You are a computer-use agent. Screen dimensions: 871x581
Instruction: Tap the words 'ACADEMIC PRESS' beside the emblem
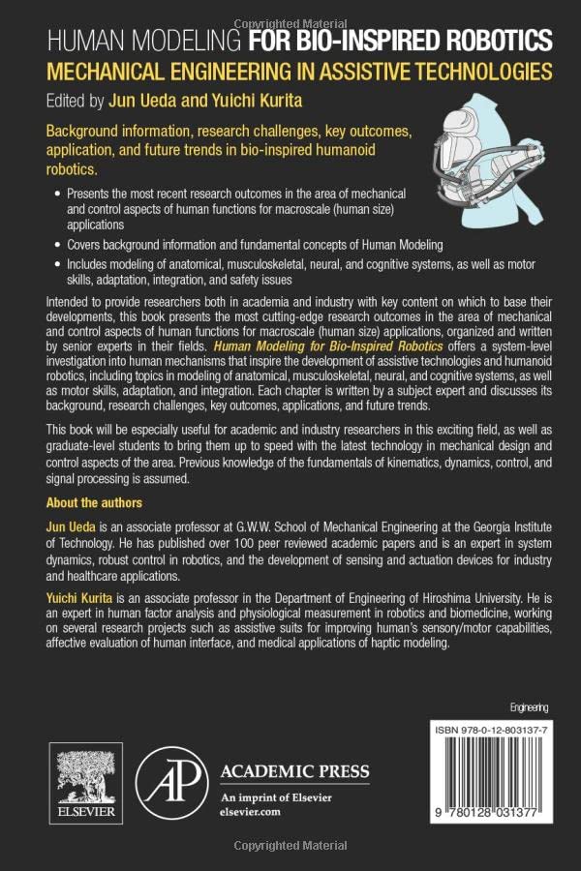[295, 771]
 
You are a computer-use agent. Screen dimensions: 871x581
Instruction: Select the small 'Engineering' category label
[529, 707]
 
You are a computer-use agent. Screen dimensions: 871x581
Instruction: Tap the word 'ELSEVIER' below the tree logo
[85, 815]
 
